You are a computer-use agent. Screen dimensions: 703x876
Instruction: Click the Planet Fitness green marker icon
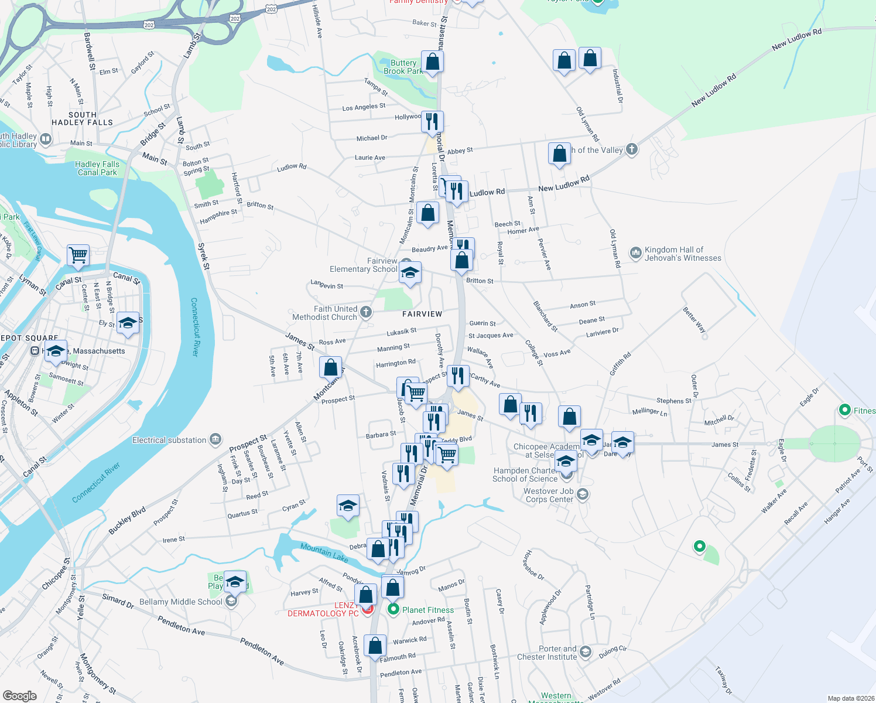[x=393, y=610]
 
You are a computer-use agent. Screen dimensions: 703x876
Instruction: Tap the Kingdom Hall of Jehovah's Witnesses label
[x=683, y=254]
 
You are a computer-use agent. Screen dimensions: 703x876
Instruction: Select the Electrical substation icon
[x=215, y=439]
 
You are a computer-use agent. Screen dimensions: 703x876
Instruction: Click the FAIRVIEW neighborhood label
[x=422, y=314]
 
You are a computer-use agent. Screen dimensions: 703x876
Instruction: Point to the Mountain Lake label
[x=324, y=551]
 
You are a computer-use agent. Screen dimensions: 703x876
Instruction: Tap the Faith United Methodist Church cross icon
[x=366, y=312]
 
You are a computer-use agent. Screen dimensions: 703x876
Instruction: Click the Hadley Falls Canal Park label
[x=97, y=168]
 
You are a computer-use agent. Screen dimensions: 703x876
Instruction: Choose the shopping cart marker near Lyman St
[x=78, y=255]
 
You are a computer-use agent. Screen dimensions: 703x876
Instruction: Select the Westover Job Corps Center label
[x=549, y=495]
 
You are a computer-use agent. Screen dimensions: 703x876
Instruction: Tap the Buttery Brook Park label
[x=403, y=67]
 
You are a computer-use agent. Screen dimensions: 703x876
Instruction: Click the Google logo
[x=20, y=695]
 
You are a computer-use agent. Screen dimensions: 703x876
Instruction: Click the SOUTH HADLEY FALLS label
[x=82, y=118]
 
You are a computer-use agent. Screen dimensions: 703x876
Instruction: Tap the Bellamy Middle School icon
[x=232, y=602]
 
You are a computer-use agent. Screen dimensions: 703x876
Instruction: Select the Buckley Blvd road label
[x=127, y=520]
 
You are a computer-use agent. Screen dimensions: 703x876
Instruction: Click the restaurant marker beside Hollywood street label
[x=432, y=121]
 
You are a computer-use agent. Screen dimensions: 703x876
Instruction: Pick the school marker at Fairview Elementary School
[x=410, y=273]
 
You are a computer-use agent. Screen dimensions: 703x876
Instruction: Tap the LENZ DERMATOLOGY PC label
[x=323, y=609]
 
